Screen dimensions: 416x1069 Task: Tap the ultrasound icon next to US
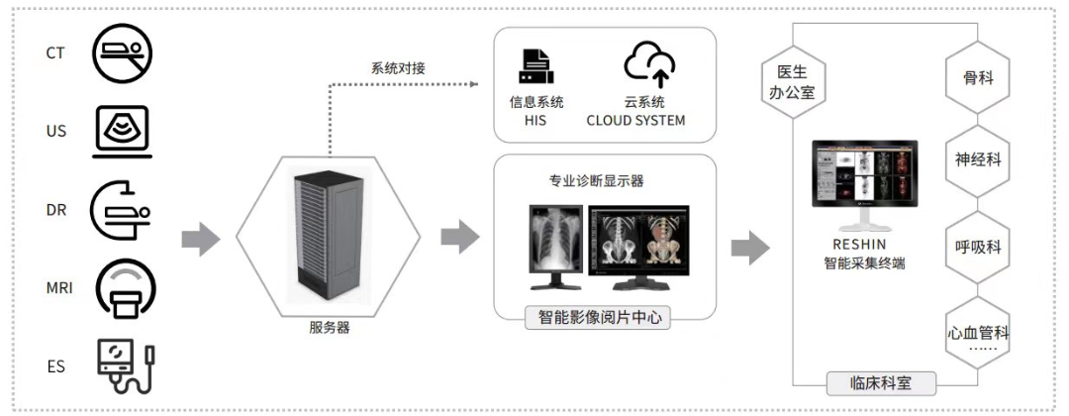coord(123,132)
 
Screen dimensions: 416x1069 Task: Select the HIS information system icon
coord(535,66)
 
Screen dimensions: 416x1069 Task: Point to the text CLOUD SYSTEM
coord(635,121)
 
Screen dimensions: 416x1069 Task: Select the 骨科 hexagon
coord(978,77)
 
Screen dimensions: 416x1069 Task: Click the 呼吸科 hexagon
coord(978,247)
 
